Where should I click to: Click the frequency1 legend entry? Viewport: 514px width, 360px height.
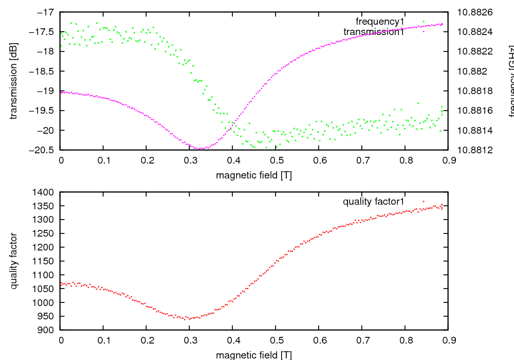[380, 22]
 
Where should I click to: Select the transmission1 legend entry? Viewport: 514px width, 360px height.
[374, 32]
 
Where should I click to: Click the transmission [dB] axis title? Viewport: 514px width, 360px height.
[14, 80]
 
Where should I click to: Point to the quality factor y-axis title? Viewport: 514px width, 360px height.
[14, 261]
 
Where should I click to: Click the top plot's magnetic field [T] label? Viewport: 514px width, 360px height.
[254, 175]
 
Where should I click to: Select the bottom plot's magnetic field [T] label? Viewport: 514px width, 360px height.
[254, 355]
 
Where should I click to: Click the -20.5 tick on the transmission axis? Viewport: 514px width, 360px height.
[44, 150]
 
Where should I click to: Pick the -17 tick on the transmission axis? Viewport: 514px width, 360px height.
[47, 12]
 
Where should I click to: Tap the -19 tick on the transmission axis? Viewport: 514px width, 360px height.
[47, 91]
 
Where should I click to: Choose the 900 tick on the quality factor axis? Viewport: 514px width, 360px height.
[47, 330]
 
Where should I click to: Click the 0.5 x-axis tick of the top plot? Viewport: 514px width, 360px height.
[276, 160]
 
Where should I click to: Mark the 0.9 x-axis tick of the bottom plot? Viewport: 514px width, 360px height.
[448, 340]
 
